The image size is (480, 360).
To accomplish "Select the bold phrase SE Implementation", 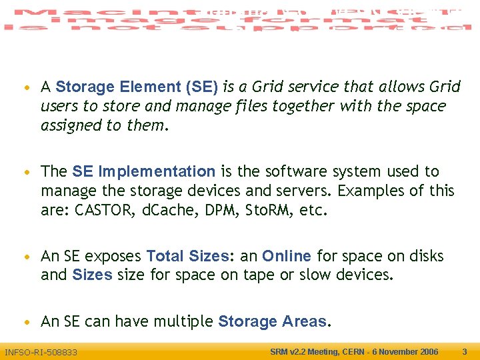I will pyautogui.click(x=143, y=171).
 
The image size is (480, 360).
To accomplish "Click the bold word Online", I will pyautogui.click(x=286, y=256).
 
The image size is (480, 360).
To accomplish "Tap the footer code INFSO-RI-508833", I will pyautogui.click(x=41, y=352).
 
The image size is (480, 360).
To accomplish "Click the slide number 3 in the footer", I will pyautogui.click(x=465, y=351).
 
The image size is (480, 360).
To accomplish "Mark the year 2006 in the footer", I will pyautogui.click(x=427, y=351).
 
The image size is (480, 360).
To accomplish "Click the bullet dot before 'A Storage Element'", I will pyautogui.click(x=25, y=88).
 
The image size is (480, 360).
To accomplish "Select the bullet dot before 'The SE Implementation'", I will pyautogui.click(x=25, y=173).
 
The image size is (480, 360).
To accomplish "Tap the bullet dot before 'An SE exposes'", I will pyautogui.click(x=25, y=257).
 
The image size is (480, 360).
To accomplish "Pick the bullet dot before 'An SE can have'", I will pyautogui.click(x=25, y=323).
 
